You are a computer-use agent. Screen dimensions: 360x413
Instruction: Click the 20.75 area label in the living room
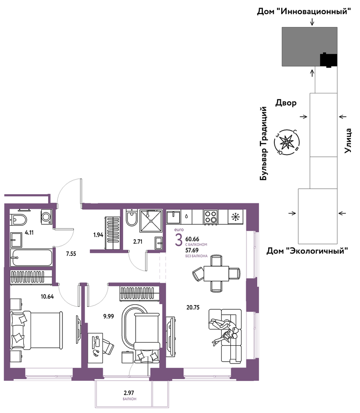(193, 307)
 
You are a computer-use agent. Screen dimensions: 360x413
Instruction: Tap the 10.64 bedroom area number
(47, 297)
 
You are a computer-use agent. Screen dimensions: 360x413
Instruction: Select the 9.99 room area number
(109, 316)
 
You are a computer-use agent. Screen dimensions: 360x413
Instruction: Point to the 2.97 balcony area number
(129, 393)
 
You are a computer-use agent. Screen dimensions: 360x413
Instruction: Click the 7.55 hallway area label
(71, 254)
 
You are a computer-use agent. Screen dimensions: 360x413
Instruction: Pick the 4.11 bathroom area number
(29, 233)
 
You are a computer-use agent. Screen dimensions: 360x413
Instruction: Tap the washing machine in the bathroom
(46, 217)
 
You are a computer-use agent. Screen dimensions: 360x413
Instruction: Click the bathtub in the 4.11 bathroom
(31, 257)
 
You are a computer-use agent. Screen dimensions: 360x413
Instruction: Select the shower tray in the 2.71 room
(151, 221)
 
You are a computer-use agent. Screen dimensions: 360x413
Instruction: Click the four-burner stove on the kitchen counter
(210, 217)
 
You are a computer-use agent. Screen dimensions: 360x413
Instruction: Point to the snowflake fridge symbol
(235, 217)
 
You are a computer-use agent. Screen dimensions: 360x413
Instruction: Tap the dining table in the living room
(216, 273)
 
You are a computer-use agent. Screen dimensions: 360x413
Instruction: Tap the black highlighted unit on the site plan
(328, 60)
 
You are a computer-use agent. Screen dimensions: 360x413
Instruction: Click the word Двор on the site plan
(286, 103)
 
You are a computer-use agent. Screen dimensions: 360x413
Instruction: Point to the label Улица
(348, 140)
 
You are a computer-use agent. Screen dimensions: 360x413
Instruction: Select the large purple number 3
(179, 240)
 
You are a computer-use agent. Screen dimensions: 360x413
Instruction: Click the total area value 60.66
(192, 239)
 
